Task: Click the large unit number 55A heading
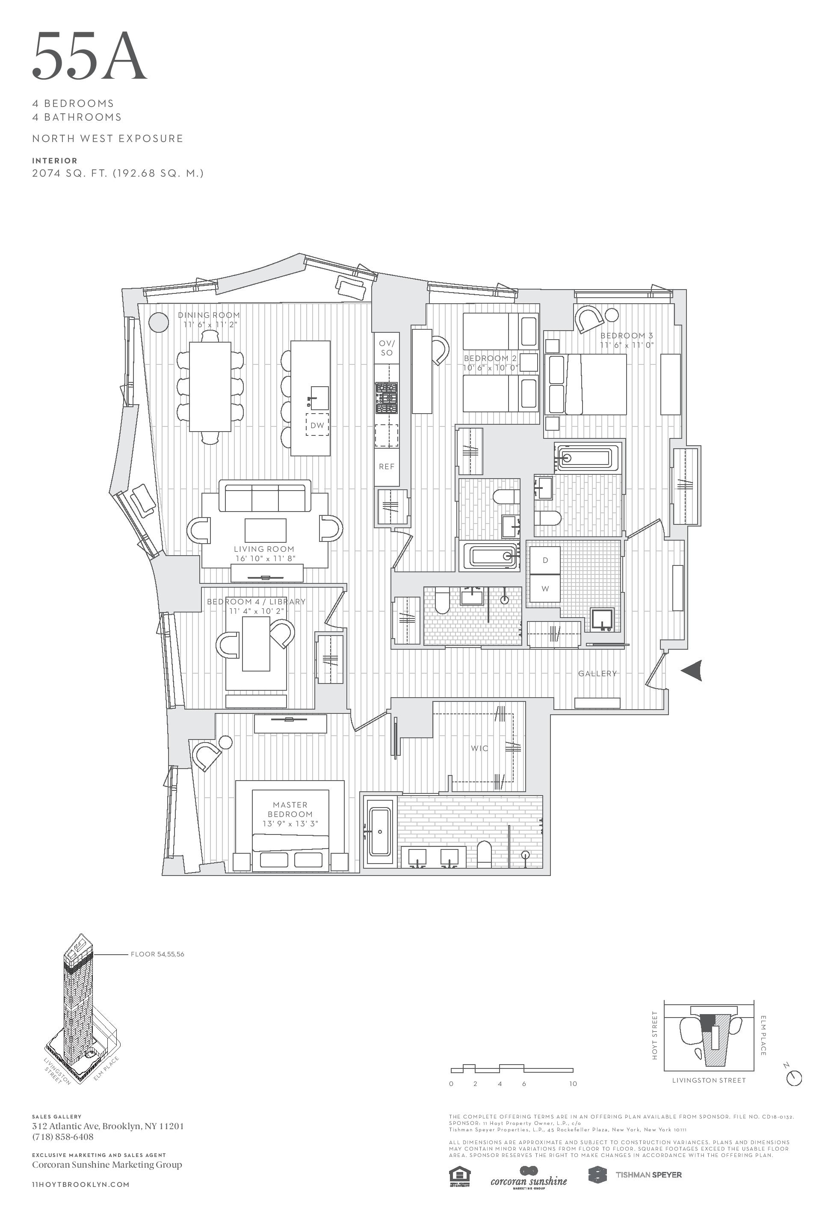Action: pos(89,56)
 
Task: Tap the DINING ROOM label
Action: pos(209,315)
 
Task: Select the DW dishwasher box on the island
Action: pos(317,426)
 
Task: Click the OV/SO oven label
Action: pos(387,348)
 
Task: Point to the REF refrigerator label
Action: pos(387,466)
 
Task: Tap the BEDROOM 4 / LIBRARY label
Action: pos(256,602)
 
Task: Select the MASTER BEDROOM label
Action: pos(290,809)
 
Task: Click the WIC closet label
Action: pos(479,748)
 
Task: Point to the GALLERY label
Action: pos(597,674)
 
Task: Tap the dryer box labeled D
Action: pos(545,560)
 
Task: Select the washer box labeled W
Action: pos(545,589)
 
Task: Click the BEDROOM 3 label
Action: pos(627,336)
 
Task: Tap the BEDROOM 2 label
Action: pos(490,358)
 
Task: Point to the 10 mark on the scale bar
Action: pos(573,1084)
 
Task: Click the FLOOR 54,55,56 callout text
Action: pos(157,954)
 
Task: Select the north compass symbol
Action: pos(794,1078)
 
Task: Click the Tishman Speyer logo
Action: pos(635,1175)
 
